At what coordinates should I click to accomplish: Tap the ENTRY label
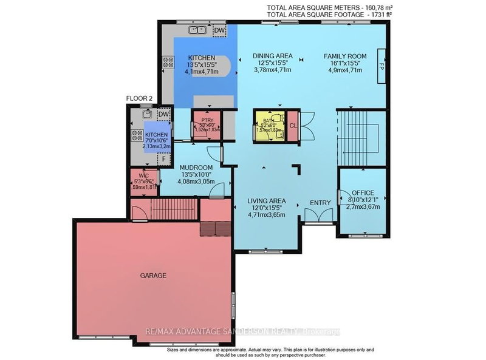tap(320, 203)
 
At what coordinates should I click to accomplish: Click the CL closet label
tap(293, 126)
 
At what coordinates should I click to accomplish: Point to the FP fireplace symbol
tap(382, 65)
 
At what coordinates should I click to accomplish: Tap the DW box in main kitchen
tap(220, 29)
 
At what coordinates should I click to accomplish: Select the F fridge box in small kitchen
tap(162, 158)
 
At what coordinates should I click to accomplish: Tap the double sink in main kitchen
tap(197, 29)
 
